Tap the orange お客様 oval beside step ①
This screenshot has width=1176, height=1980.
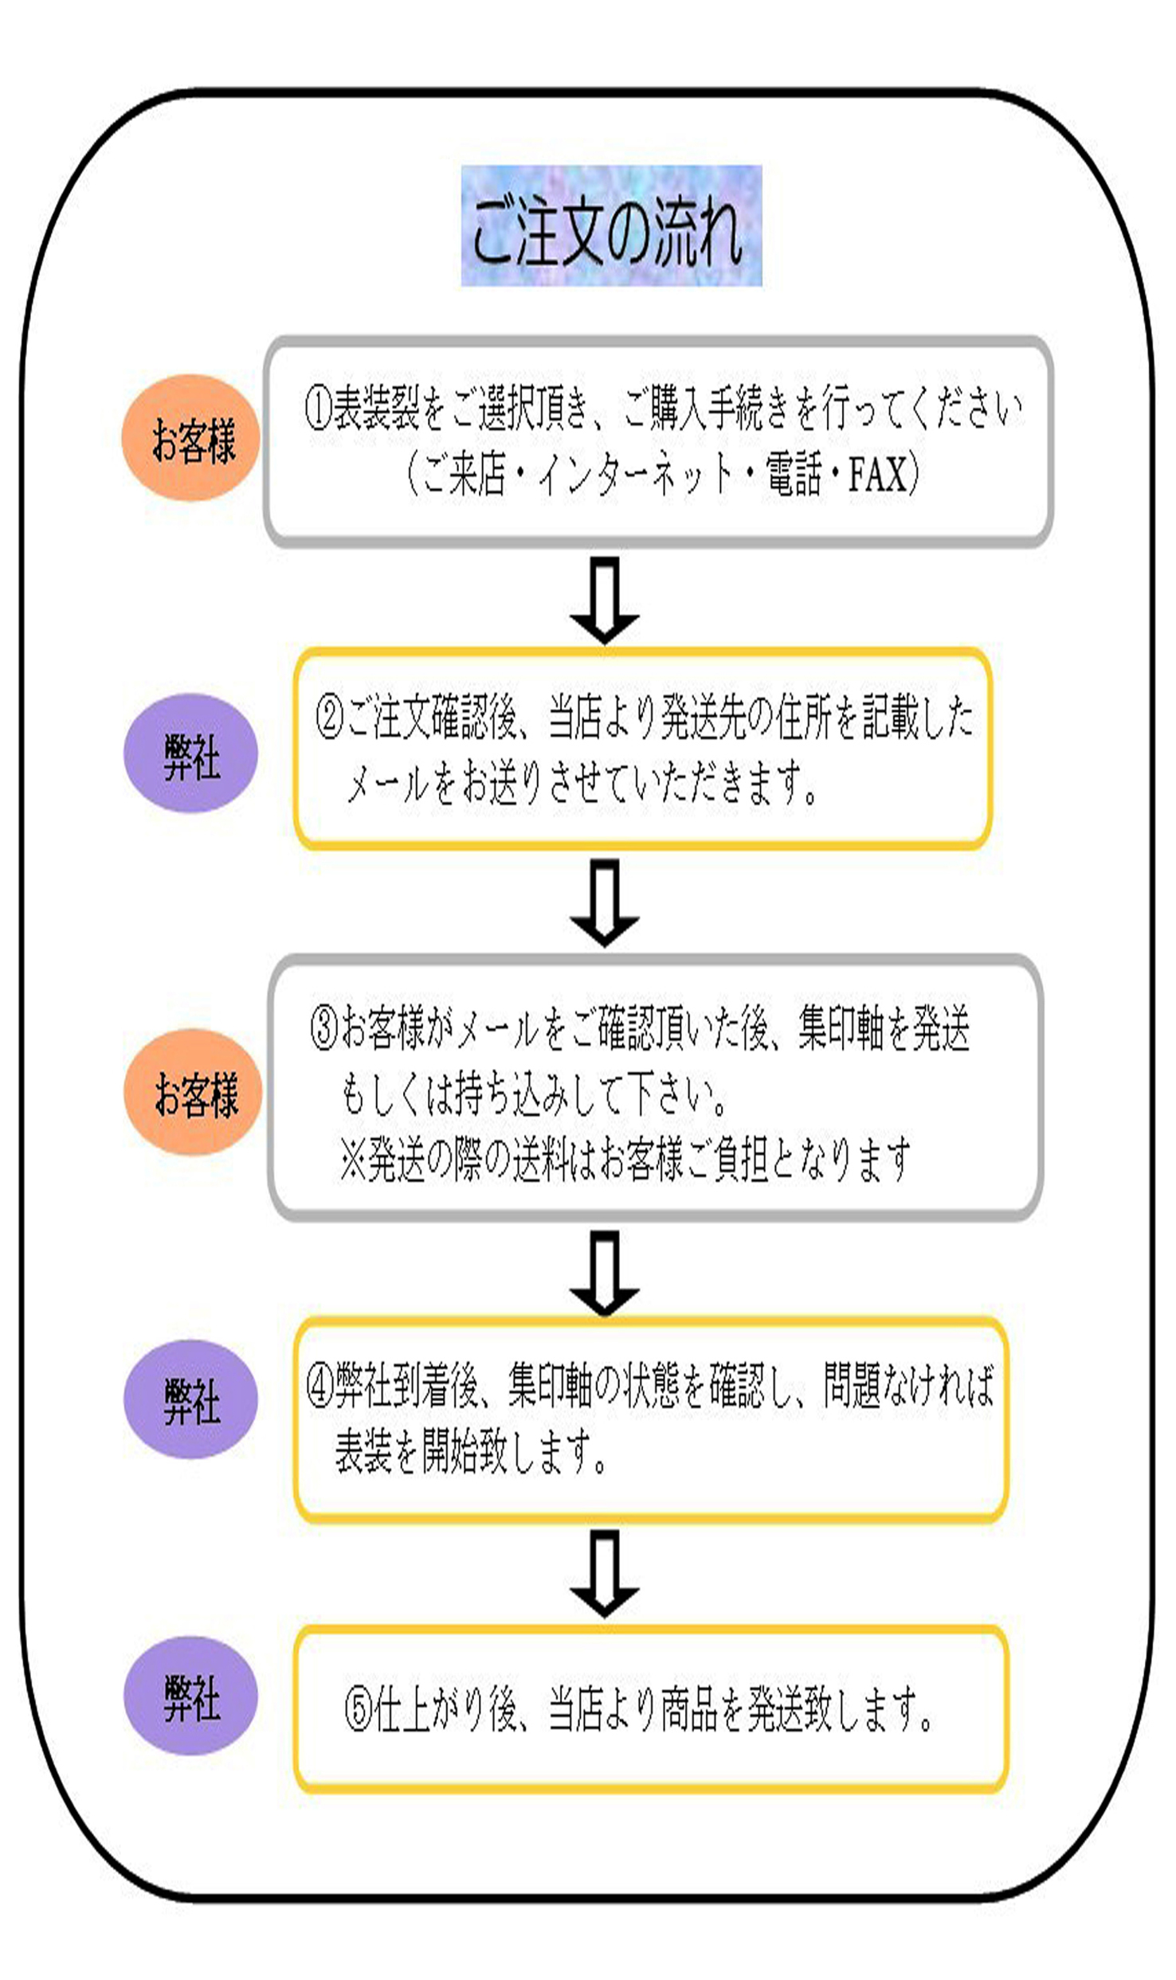click(191, 439)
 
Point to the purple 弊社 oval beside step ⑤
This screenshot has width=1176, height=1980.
click(191, 1697)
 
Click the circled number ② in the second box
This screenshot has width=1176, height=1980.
click(329, 718)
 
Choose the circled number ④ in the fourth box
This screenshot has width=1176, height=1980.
click(320, 1387)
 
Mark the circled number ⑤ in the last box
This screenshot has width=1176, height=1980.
click(359, 1712)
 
